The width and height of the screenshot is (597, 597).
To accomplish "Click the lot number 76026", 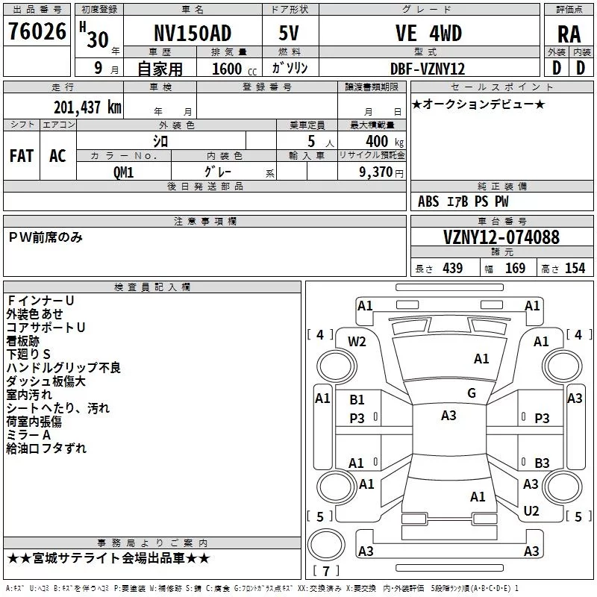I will pos(37,32).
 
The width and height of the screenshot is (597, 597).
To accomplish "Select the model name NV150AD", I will pos(193,34).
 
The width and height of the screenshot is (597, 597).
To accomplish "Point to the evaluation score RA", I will pos(569,34).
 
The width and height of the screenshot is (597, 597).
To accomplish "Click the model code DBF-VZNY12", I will pos(428,69).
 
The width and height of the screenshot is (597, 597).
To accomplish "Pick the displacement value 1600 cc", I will pos(227,69).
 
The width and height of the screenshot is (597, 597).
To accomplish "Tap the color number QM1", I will pos(123,171).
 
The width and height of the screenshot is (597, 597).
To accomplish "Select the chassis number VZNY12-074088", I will pos(501,237).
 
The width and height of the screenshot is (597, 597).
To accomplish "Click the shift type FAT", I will pos(22,155).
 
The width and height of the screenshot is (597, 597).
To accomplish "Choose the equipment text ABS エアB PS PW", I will pos(463,201).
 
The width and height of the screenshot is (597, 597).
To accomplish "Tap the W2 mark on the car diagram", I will pos(357,342).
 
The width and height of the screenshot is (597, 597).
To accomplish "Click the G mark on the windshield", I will pos(471,393).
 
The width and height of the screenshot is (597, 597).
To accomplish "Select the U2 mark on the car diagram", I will pos(531,511).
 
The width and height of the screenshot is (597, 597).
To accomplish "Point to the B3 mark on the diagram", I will pos(542,463).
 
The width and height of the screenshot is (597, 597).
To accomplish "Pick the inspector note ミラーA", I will pos(28,435).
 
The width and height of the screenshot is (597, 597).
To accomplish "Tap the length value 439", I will pos(452,269).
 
